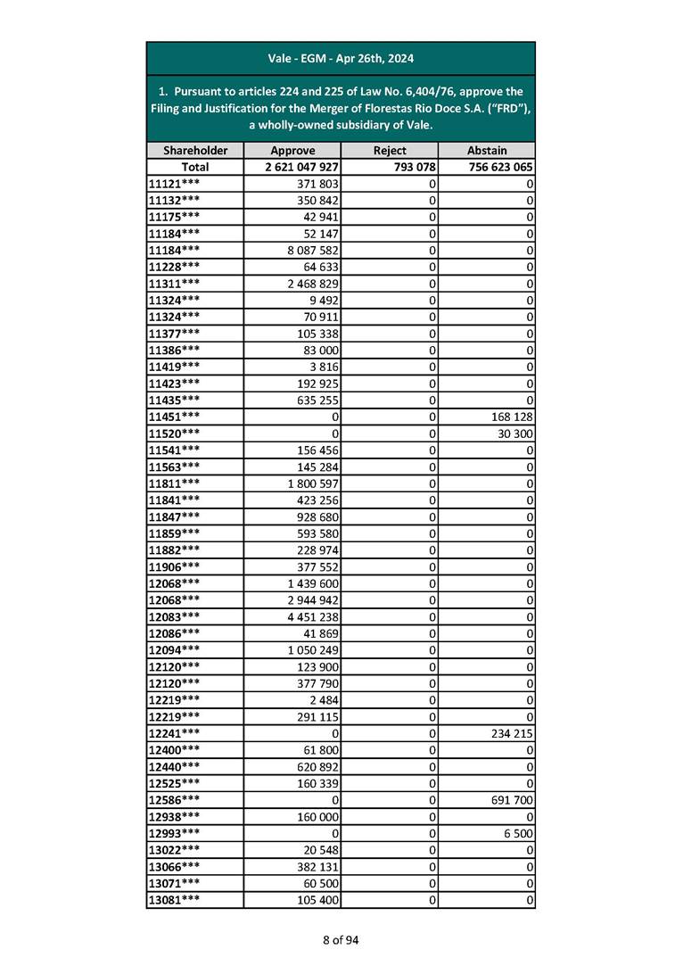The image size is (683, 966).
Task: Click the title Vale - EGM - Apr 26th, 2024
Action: tap(341, 59)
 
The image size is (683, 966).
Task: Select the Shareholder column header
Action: tap(194, 151)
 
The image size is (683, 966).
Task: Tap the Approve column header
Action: tap(292, 151)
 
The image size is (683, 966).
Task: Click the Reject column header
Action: tap(390, 151)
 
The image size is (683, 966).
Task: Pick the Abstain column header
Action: tap(487, 151)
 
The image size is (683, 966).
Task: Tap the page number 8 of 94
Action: tap(341, 939)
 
